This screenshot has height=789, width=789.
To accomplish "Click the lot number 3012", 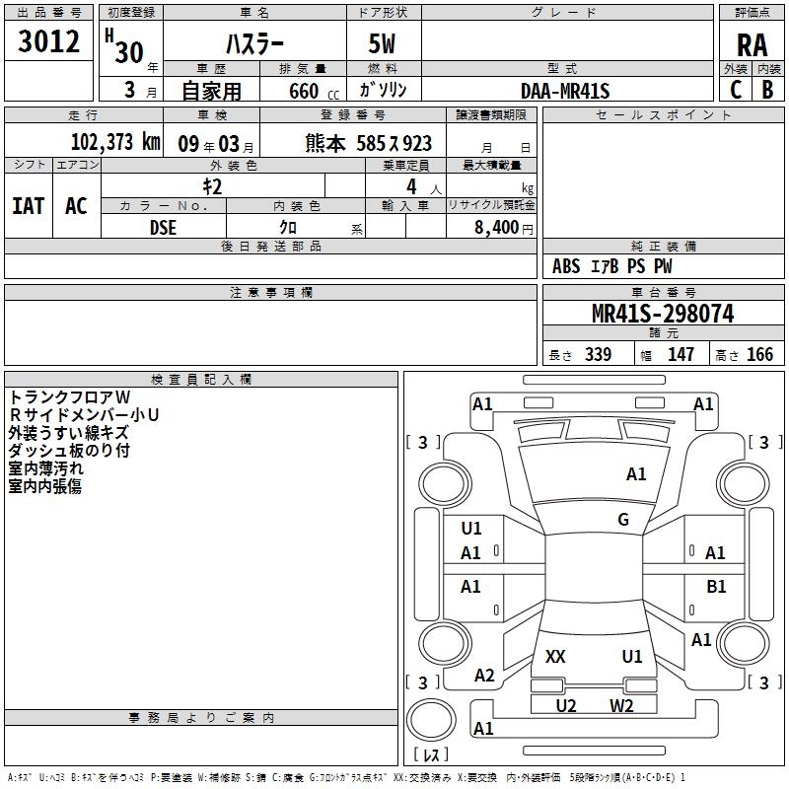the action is (x=48, y=41).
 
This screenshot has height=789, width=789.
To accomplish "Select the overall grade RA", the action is (x=752, y=45).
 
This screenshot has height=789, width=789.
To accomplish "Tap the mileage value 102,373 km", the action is (x=115, y=142).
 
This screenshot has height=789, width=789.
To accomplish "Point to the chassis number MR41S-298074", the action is (x=663, y=314).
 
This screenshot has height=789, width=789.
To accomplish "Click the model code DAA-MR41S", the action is (x=565, y=91).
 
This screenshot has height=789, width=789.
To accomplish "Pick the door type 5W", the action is (x=382, y=43).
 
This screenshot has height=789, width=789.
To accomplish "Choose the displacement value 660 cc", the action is (x=314, y=91).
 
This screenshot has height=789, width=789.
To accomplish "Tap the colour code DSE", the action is (x=163, y=228).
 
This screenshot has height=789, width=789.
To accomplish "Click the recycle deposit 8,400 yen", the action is (x=503, y=228).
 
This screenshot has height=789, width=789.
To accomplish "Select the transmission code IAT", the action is (x=29, y=206).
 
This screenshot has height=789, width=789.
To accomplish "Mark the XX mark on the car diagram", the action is (x=555, y=657).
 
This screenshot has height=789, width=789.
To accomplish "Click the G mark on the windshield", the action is (x=623, y=520).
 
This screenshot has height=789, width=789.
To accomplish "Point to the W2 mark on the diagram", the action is (x=621, y=705).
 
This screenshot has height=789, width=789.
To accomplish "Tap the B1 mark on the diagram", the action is (x=716, y=586).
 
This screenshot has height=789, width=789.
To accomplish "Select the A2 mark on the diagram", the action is (x=484, y=676).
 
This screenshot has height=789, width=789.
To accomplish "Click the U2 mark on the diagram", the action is (x=565, y=705).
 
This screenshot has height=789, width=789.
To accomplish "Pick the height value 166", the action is (x=759, y=354).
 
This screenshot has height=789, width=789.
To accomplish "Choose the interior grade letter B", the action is (x=767, y=90).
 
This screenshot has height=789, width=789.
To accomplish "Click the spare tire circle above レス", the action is (x=431, y=720).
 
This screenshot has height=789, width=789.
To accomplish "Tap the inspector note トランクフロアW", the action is (x=69, y=397).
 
